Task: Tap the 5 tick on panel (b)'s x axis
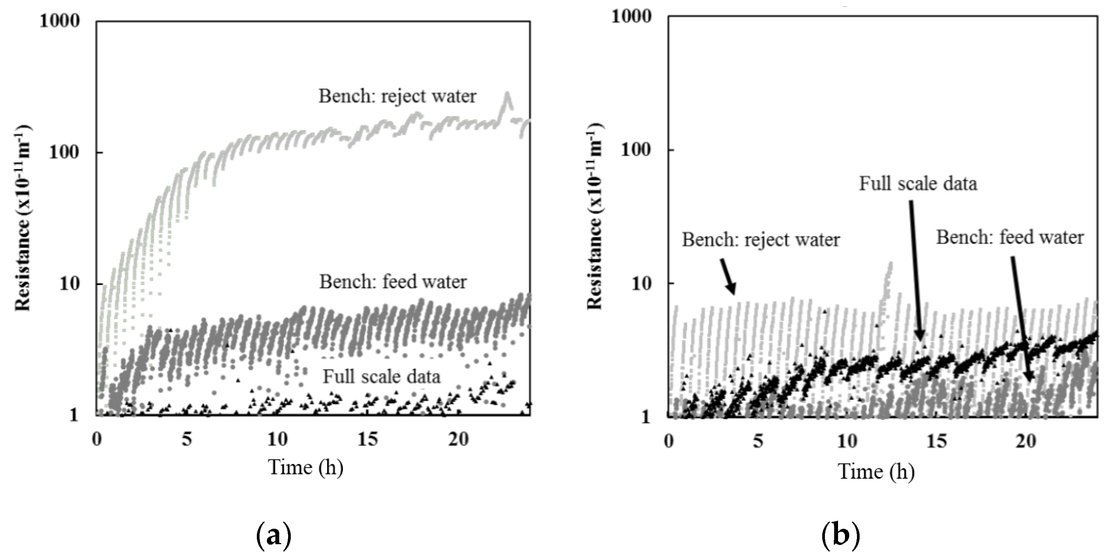758,441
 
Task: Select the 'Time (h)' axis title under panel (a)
306,467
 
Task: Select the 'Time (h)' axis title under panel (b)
876,472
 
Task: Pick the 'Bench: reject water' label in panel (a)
397,96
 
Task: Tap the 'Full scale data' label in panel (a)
381,377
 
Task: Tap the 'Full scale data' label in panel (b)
918,184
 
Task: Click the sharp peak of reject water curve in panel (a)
508,94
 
